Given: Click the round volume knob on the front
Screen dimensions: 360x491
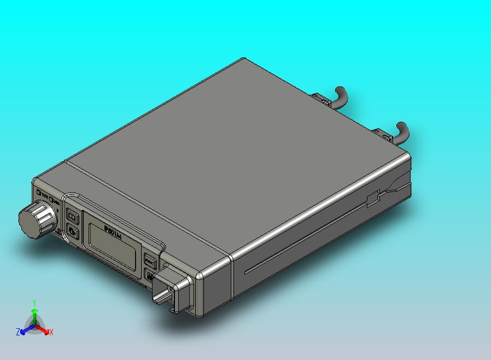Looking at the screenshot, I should [37, 219].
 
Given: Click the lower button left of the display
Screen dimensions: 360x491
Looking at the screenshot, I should [73, 233].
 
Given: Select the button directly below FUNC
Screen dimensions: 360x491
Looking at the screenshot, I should [149, 275].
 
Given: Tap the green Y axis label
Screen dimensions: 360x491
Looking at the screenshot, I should [34, 303].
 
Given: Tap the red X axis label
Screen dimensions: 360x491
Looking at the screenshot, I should [51, 332].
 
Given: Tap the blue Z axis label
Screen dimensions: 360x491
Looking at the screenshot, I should [17, 332].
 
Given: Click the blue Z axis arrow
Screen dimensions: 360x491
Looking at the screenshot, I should [25, 329].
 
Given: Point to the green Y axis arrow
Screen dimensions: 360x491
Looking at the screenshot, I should [34, 315].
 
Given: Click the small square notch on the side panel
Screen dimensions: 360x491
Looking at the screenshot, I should [373, 198].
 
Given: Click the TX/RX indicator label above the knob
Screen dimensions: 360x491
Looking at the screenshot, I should [43, 194].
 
